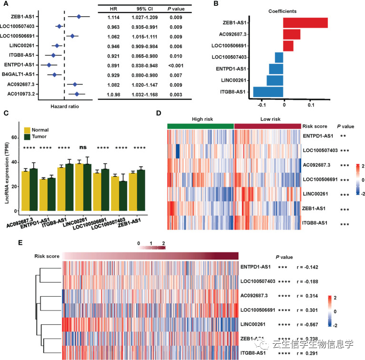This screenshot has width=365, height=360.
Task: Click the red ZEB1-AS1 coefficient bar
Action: point(305,22)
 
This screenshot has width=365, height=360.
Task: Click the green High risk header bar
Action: point(200,125)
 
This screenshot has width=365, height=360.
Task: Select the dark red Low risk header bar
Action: point(267,125)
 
